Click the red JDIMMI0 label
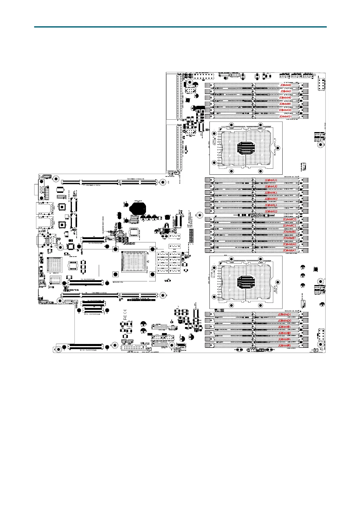[x=285, y=85]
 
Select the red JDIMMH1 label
[x=285, y=104]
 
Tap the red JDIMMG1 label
[x=285, y=117]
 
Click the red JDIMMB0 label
[x=290, y=232]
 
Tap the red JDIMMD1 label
[x=284, y=315]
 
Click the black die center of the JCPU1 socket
[x=245, y=148]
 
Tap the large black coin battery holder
[x=138, y=207]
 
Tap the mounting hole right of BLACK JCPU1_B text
[x=278, y=148]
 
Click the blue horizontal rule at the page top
[x=180, y=27]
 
